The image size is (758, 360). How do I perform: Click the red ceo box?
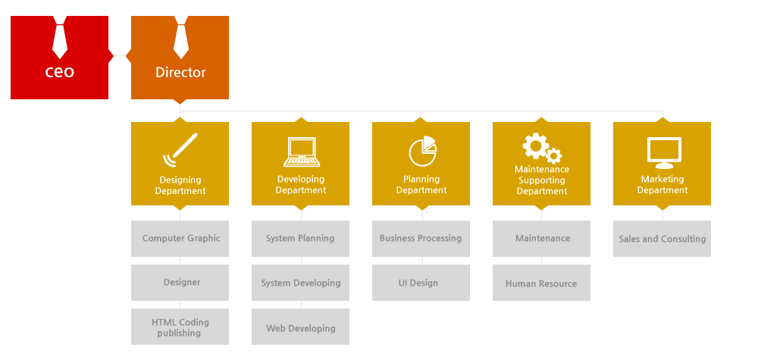(x=59, y=58)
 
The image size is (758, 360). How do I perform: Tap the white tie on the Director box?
(x=181, y=38)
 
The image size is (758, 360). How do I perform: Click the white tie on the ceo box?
(x=59, y=38)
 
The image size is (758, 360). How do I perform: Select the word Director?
(x=181, y=73)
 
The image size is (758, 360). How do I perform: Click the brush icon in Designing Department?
(x=180, y=149)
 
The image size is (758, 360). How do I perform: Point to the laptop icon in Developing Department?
(x=301, y=152)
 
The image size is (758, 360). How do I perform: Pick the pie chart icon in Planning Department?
(x=422, y=151)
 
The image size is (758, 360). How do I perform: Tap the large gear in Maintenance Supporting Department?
(x=536, y=146)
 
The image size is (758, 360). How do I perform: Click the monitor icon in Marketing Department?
(x=664, y=152)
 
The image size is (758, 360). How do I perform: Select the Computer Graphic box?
(x=180, y=239)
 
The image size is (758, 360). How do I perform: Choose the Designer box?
(x=180, y=283)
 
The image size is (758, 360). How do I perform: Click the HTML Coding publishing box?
(x=180, y=327)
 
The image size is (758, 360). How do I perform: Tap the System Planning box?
(x=300, y=239)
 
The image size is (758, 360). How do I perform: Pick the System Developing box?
(x=300, y=283)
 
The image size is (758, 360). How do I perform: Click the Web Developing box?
(x=300, y=327)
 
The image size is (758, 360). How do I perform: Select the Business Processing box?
(x=421, y=239)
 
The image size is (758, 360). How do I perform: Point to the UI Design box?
(x=421, y=283)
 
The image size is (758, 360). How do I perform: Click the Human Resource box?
(x=541, y=283)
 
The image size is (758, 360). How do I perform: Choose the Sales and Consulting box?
(x=662, y=239)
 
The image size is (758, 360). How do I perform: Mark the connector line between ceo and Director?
(x=120, y=57)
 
